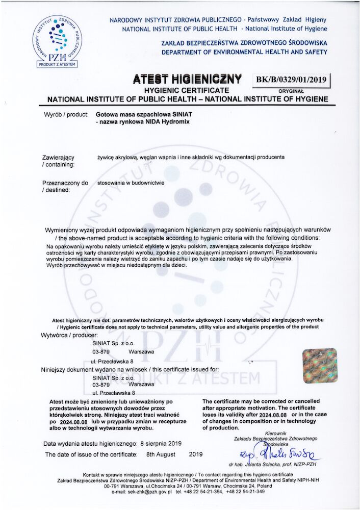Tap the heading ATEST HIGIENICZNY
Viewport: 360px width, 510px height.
pos(187,80)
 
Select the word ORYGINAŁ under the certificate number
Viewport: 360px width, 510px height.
pos(291,90)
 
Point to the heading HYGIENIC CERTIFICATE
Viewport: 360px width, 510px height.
pos(187,90)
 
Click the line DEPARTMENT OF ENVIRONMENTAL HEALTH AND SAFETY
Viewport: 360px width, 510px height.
pos(244,52)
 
